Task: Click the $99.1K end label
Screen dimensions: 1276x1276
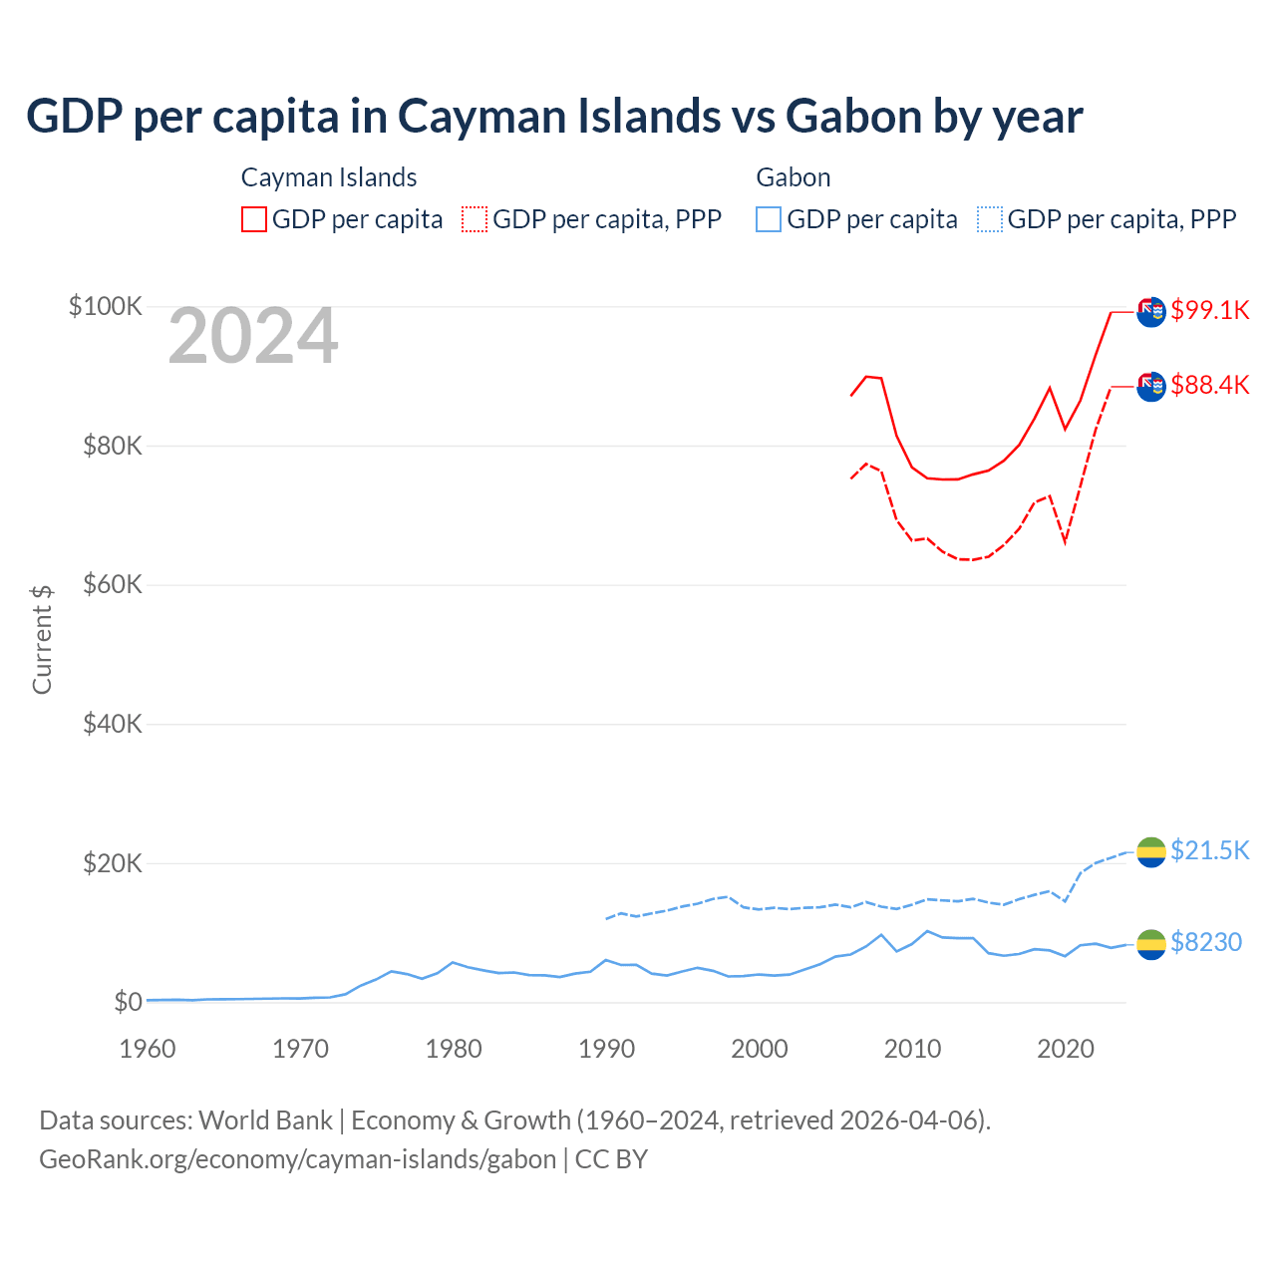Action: click(x=1209, y=310)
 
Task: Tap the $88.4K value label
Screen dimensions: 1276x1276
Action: click(x=1209, y=385)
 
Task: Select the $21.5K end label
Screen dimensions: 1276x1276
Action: click(x=1209, y=850)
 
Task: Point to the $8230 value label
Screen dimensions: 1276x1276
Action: click(x=1205, y=942)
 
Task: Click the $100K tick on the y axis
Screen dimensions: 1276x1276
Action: click(x=106, y=306)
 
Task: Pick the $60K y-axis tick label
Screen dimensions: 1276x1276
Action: click(x=113, y=584)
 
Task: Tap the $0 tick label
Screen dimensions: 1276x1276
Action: click(x=128, y=1002)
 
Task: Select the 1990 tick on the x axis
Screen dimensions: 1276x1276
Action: click(x=606, y=1049)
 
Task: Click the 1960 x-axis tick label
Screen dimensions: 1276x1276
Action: click(x=148, y=1049)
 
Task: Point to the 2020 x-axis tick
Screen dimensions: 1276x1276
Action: click(x=1066, y=1049)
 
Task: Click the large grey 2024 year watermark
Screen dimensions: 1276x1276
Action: click(x=253, y=337)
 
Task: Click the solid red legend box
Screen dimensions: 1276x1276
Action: click(x=254, y=219)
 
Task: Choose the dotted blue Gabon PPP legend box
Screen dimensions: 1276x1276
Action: click(x=990, y=219)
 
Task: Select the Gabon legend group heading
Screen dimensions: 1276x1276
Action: click(x=794, y=177)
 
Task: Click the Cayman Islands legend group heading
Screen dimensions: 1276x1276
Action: click(x=329, y=177)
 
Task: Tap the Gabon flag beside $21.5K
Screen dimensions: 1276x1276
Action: click(x=1151, y=851)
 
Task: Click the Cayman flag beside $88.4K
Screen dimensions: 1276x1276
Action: click(x=1151, y=386)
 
